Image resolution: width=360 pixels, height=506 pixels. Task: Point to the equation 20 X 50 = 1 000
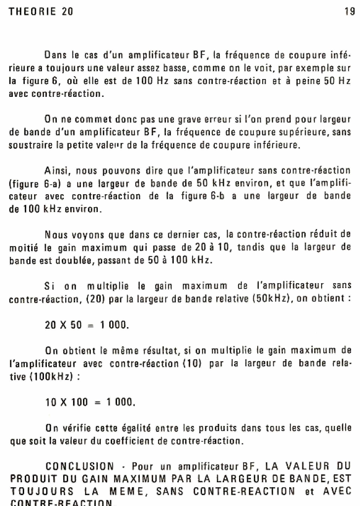point(87,325)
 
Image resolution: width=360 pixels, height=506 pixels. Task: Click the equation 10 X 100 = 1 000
point(90,402)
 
